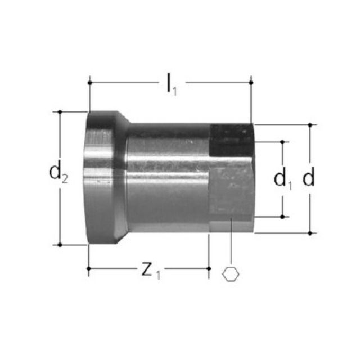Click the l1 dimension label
point(171,84)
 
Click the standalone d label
point(308,178)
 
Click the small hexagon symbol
point(231,274)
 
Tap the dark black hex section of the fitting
point(231,141)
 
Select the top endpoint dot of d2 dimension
point(60,111)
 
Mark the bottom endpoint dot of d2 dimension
point(60,245)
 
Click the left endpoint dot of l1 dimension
point(89,83)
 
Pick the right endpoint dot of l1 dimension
point(251,83)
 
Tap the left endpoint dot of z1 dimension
point(89,269)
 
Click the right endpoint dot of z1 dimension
point(209,269)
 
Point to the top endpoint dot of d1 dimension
point(282,142)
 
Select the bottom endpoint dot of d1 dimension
point(282,216)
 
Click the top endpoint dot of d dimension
point(309,124)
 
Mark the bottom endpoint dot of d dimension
point(309,232)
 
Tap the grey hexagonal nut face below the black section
point(231,191)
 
